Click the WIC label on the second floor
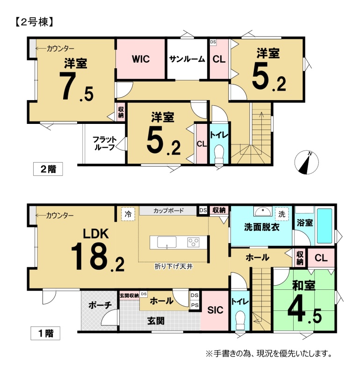(141, 59)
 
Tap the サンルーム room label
(187, 59)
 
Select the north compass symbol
(307, 162)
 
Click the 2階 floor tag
(48, 169)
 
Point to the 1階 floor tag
(45, 333)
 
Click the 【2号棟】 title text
(34, 22)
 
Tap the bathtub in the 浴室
(324, 226)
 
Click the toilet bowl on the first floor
(240, 320)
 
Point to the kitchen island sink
(167, 242)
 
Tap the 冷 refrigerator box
(128, 214)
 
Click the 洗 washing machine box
(282, 214)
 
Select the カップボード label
(168, 211)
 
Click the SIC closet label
(215, 310)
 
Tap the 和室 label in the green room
(304, 286)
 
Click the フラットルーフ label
(104, 144)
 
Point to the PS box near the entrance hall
(194, 305)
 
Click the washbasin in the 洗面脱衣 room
(263, 211)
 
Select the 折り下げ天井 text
(173, 266)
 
